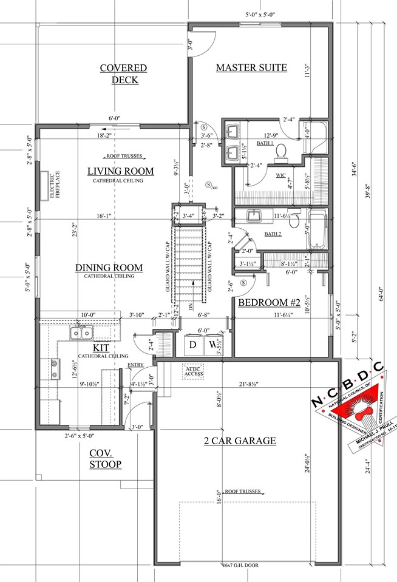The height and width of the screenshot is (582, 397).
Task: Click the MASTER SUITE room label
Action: pyautogui.click(x=251, y=67)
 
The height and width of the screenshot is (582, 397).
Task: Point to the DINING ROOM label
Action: pyautogui.click(x=109, y=268)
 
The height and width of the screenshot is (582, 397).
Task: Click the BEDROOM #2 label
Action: pyautogui.click(x=266, y=303)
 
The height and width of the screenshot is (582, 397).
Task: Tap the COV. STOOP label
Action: pyautogui.click(x=105, y=459)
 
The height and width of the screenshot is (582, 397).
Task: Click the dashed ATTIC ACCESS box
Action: pyautogui.click(x=194, y=373)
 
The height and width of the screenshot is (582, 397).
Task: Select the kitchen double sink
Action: pyautogui.click(x=81, y=333)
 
